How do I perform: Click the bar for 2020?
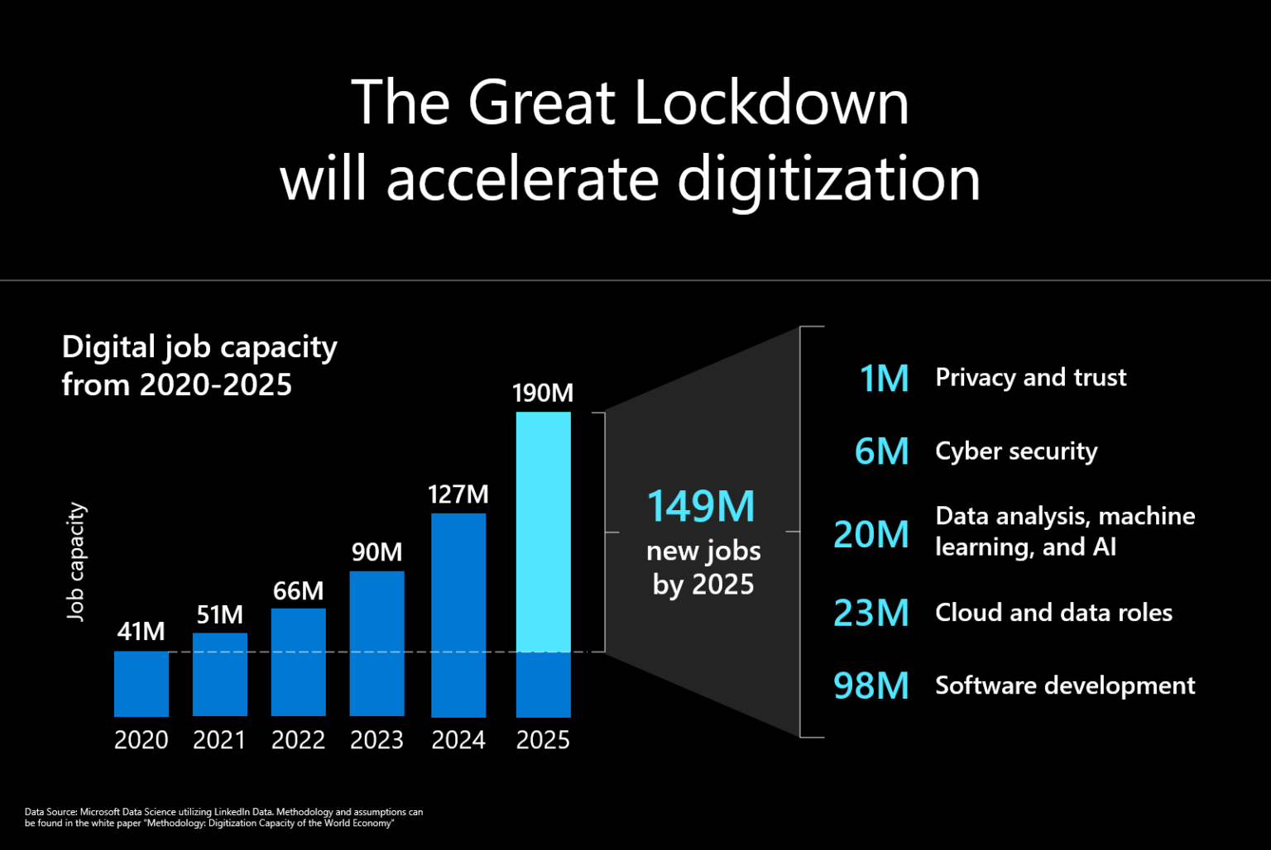coord(141,683)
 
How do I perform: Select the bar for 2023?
coord(377,643)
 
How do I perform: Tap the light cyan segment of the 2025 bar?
coord(543,532)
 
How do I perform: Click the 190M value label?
coord(543,393)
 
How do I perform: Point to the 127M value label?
coord(458,494)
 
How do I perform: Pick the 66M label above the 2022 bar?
coord(298,591)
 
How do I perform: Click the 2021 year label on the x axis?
coord(219,739)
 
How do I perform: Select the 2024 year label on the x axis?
coord(458,739)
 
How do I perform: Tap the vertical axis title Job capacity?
coord(76,562)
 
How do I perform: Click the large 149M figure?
coord(701,506)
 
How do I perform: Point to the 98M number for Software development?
coord(871,685)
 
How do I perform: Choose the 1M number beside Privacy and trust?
coord(884,378)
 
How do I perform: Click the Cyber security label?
coord(1016,451)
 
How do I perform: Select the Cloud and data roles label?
coord(1053,613)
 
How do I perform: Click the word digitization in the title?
coord(828,179)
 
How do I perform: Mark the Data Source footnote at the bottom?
coord(223,817)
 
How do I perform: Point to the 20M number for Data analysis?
coord(871,534)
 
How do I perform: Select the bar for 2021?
coord(219,674)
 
